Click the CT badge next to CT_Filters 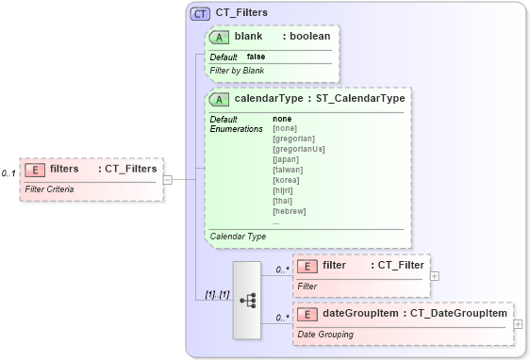pos(200,13)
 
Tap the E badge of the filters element pos(35,169)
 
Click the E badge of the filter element pos(307,266)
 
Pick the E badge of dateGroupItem pos(307,314)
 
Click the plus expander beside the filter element pos(434,276)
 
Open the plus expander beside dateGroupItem pos(518,324)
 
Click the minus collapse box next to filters pos(167,178)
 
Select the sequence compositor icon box pos(248,300)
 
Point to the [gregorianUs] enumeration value pos(298,149)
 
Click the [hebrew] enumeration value pos(289,211)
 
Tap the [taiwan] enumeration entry pos(289,170)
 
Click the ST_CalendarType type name pos(360,98)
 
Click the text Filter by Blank pos(237,71)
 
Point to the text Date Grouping pos(326,335)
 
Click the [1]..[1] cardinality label pos(217,295)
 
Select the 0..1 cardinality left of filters pos(8,173)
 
